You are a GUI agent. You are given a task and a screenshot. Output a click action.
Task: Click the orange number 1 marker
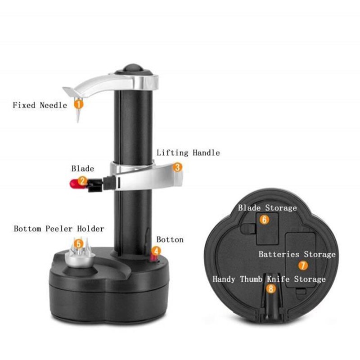[x=78, y=103]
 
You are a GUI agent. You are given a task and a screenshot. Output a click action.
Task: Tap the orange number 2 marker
[x=82, y=181]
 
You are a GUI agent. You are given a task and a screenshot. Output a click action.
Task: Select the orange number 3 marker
[x=178, y=167]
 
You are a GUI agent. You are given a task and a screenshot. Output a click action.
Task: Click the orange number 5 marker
[x=79, y=243]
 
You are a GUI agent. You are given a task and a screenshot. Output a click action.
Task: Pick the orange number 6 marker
[x=265, y=219]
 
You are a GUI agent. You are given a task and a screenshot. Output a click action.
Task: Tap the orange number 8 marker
[x=271, y=289]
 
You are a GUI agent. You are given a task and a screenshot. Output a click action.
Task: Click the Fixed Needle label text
[x=40, y=105]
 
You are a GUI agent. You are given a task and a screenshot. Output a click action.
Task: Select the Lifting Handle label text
[x=188, y=153]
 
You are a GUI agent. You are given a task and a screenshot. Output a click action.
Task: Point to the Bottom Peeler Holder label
[x=59, y=229]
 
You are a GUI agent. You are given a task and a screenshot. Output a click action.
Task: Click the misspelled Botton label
[x=170, y=239]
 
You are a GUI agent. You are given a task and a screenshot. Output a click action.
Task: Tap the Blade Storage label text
[x=267, y=208]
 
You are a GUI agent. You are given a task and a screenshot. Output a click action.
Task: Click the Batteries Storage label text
[x=297, y=254]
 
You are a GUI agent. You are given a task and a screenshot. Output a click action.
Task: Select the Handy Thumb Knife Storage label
[x=269, y=279]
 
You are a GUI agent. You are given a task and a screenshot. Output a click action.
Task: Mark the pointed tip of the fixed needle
[x=77, y=121]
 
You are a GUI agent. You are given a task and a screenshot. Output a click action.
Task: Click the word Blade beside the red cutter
[x=83, y=169]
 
